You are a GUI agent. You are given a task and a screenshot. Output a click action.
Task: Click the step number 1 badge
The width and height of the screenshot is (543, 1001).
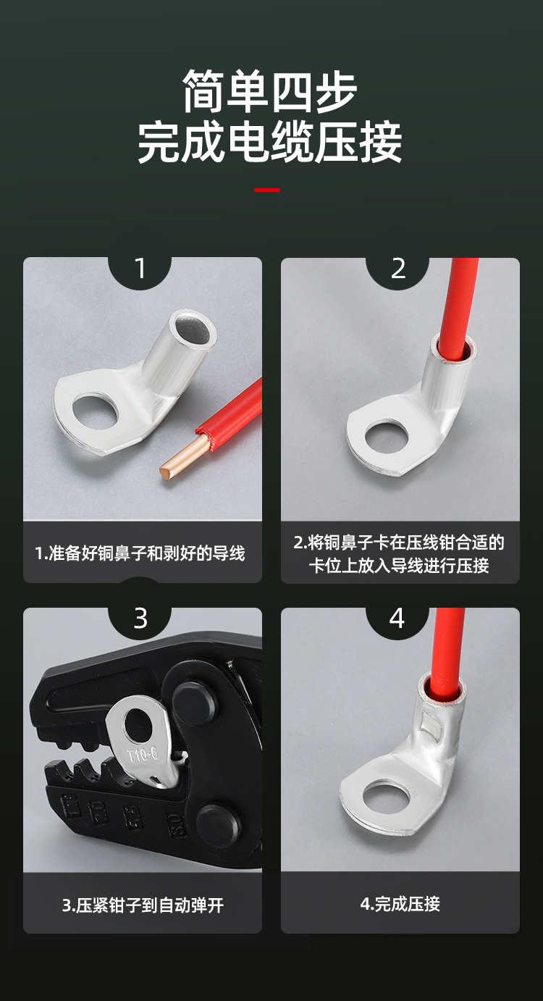click(x=140, y=269)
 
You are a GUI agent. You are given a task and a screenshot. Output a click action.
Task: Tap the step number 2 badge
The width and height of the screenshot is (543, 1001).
click(x=397, y=269)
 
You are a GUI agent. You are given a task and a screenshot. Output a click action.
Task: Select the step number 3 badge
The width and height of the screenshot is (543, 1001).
click(x=140, y=619)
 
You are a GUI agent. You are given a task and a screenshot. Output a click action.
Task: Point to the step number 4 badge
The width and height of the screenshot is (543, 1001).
click(x=397, y=619)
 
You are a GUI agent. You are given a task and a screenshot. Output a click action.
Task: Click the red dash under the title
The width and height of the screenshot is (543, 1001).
click(x=267, y=190)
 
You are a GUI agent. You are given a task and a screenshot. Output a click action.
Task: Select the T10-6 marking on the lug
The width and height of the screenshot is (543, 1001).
click(x=143, y=755)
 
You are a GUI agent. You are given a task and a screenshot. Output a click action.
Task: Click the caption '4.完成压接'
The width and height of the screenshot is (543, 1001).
click(x=400, y=904)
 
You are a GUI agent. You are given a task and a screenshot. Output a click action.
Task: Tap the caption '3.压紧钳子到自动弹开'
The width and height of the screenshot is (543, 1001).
click(x=143, y=905)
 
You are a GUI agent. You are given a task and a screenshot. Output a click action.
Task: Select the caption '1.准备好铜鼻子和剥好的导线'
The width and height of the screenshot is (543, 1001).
click(x=140, y=553)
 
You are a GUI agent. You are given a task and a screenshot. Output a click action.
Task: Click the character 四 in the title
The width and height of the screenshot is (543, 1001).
click(x=292, y=91)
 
